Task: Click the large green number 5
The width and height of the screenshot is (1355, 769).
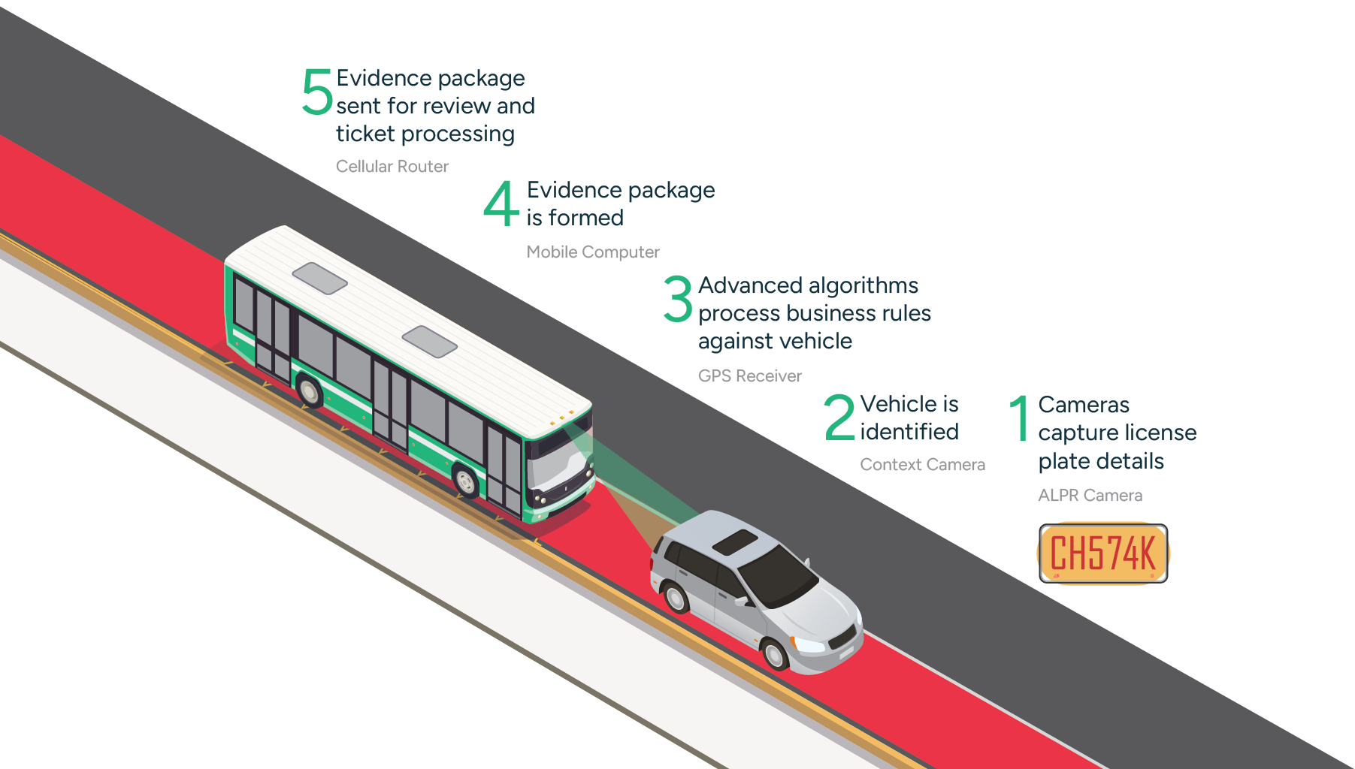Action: coord(316,92)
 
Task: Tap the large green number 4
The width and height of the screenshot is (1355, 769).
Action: coord(501,204)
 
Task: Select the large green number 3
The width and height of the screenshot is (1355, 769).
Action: coord(678,298)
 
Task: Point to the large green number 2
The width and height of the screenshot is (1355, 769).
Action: coord(839,418)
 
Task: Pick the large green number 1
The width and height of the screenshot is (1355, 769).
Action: coord(1020,418)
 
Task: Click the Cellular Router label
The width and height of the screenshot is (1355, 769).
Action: coord(392,167)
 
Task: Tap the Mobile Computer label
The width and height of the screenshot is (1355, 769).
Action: coord(593,252)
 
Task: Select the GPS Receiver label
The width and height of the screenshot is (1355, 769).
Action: coord(749,375)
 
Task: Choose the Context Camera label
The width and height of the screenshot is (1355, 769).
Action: coord(922,465)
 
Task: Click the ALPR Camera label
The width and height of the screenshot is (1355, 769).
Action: coord(1090,496)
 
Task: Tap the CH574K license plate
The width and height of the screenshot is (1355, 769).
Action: coord(1103,553)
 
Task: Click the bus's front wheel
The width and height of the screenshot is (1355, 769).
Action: coord(466,481)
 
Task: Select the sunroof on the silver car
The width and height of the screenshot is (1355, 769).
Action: coord(735,542)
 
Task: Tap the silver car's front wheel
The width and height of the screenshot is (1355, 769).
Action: coord(774,654)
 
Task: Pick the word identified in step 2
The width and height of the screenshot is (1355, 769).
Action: coord(909,432)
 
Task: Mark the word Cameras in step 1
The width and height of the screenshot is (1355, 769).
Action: coord(1084,405)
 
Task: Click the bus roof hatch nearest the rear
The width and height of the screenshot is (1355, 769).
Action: coord(319,278)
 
